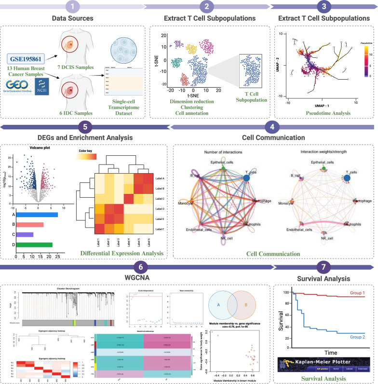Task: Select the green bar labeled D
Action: [34, 245]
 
